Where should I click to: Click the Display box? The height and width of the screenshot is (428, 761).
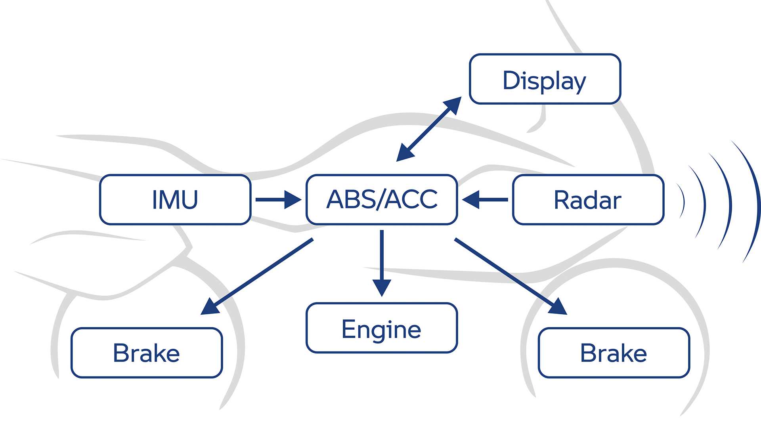(545, 79)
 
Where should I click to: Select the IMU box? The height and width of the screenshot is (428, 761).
(175, 200)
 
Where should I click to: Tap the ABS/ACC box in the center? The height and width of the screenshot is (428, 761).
(382, 200)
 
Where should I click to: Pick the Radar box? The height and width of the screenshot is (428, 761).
(588, 200)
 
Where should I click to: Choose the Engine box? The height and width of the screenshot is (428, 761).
(382, 328)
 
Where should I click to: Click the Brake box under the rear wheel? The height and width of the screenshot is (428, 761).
(147, 353)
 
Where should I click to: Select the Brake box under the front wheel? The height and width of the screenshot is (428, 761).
(614, 353)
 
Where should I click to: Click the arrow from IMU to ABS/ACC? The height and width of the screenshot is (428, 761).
(277, 200)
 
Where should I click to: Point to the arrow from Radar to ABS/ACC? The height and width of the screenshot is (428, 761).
(486, 200)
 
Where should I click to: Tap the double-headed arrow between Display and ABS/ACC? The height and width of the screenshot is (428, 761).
(429, 129)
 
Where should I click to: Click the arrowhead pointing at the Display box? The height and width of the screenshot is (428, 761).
(454, 104)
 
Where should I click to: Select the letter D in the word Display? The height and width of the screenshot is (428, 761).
(511, 80)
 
